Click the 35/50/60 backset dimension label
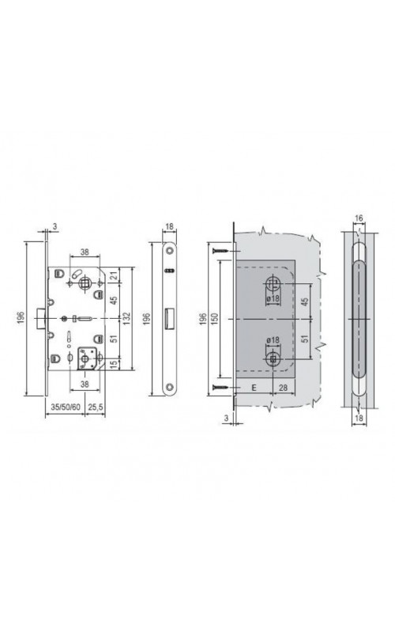coord(65,407)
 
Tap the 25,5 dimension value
coord(96,407)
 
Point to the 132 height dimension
coord(126,318)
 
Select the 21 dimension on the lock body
coord(114,275)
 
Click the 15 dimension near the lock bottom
coord(114,364)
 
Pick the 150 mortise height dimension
coord(215,319)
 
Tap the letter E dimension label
coord(254,388)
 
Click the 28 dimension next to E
coord(284,388)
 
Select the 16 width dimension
coord(359,218)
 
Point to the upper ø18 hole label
coord(273,299)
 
